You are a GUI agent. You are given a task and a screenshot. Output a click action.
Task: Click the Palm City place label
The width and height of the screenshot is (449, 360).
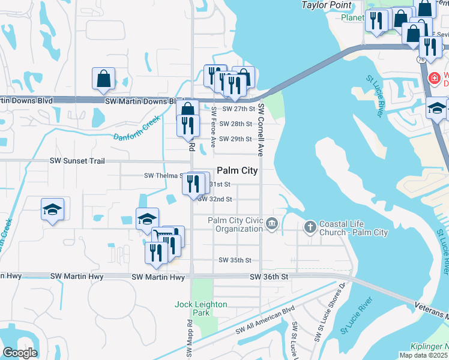tap(237, 170)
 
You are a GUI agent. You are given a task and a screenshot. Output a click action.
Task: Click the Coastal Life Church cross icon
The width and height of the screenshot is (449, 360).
tap(310, 226)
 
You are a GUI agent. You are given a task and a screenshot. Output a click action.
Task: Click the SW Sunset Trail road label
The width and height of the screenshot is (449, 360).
tap(77, 161)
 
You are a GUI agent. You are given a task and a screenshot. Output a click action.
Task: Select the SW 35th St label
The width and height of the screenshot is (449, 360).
tap(235, 260)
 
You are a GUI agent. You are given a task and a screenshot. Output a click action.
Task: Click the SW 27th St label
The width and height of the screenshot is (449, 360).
tap(239, 109)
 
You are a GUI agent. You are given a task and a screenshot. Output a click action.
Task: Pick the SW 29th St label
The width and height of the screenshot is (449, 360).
tap(235, 139)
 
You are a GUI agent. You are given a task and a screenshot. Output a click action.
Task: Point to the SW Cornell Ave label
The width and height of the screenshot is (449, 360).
tap(261, 128)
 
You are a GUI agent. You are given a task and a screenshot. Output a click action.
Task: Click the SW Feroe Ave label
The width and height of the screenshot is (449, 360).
tap(214, 127)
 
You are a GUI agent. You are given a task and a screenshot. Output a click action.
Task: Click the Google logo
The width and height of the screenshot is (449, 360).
tap(19, 352)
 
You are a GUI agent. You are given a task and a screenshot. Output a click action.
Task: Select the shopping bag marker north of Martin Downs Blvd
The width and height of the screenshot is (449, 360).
tap(104, 78)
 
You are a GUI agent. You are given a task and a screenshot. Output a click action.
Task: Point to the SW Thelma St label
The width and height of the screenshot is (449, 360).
tap(163, 176)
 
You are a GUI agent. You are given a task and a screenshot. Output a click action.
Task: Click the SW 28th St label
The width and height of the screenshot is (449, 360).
tap(235, 124)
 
